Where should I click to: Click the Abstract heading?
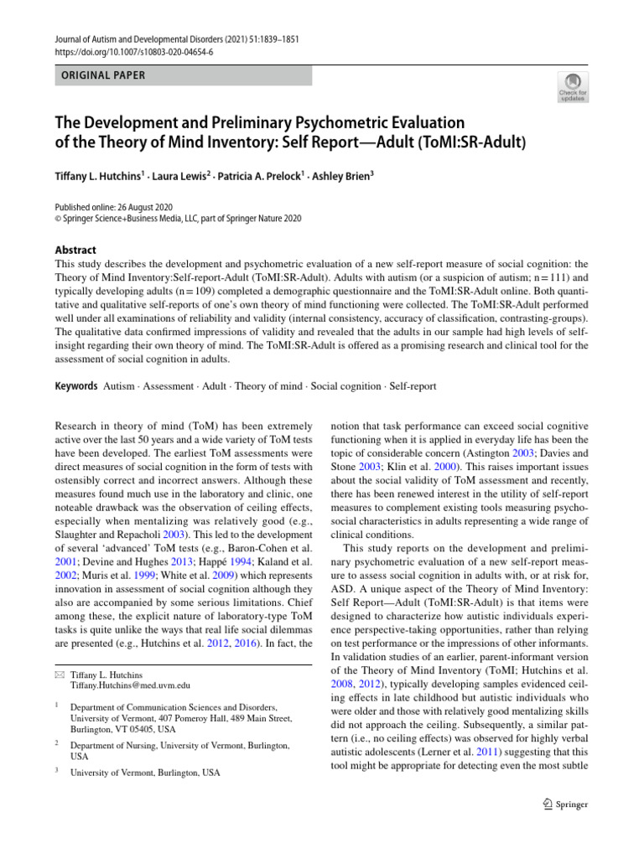click(75, 250)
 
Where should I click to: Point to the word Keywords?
click(76, 386)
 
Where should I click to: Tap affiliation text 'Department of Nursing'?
click(117, 744)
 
